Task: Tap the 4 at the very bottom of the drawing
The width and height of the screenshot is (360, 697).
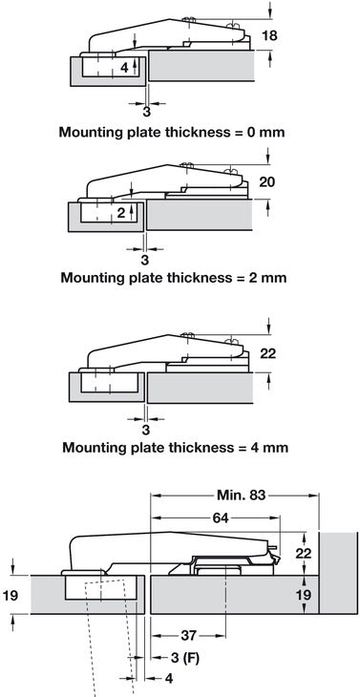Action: tap(143, 680)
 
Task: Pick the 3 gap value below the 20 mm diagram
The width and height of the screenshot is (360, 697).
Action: tap(144, 258)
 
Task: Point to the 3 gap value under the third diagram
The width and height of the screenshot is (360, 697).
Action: tap(144, 425)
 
